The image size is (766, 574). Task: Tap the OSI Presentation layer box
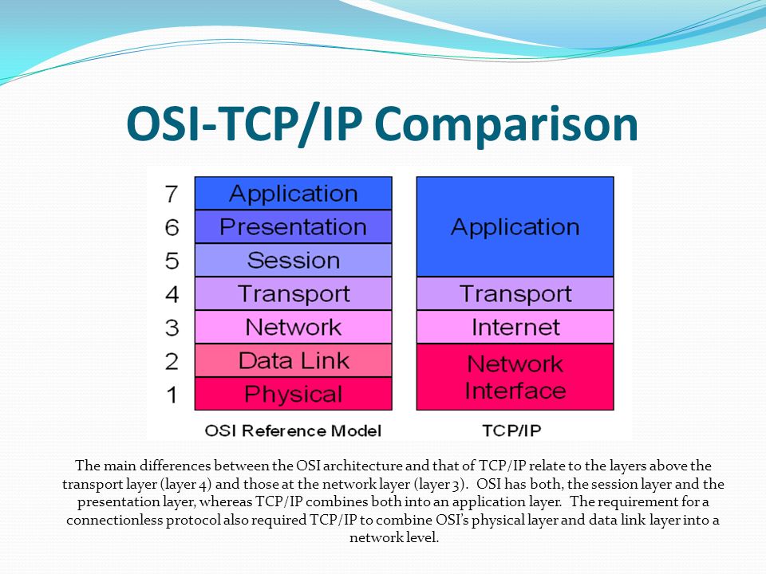point(293,227)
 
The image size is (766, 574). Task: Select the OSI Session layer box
point(293,260)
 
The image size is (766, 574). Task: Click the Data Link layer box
point(293,360)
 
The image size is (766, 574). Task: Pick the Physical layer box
point(293,394)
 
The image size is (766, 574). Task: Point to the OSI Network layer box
point(293,327)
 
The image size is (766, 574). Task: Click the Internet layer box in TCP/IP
point(515,327)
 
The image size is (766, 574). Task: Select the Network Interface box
point(515,377)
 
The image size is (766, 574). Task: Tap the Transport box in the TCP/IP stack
point(515,294)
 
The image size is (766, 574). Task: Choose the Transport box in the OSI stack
point(293,294)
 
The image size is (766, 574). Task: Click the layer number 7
point(171,194)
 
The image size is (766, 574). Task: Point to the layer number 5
point(172,261)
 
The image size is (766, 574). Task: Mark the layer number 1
point(172,395)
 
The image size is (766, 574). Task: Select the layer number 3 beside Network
point(172,328)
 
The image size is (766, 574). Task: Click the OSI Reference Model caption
point(293,431)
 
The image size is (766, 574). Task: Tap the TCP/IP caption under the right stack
point(511,431)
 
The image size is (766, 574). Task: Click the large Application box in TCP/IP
point(515,226)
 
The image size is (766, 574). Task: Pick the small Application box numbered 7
point(293,193)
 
